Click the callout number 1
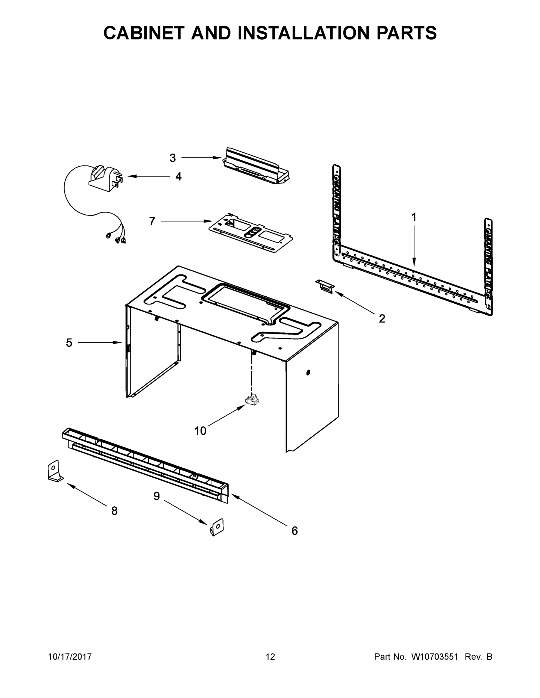click(414, 218)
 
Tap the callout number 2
click(382, 319)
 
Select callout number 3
click(172, 158)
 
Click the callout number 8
click(114, 511)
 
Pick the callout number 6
click(294, 531)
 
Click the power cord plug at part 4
click(106, 180)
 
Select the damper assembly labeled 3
click(256, 166)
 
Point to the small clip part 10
click(252, 400)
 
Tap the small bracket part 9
click(217, 527)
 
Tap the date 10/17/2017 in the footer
click(70, 657)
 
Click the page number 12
click(270, 657)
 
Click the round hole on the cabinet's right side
click(308, 372)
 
